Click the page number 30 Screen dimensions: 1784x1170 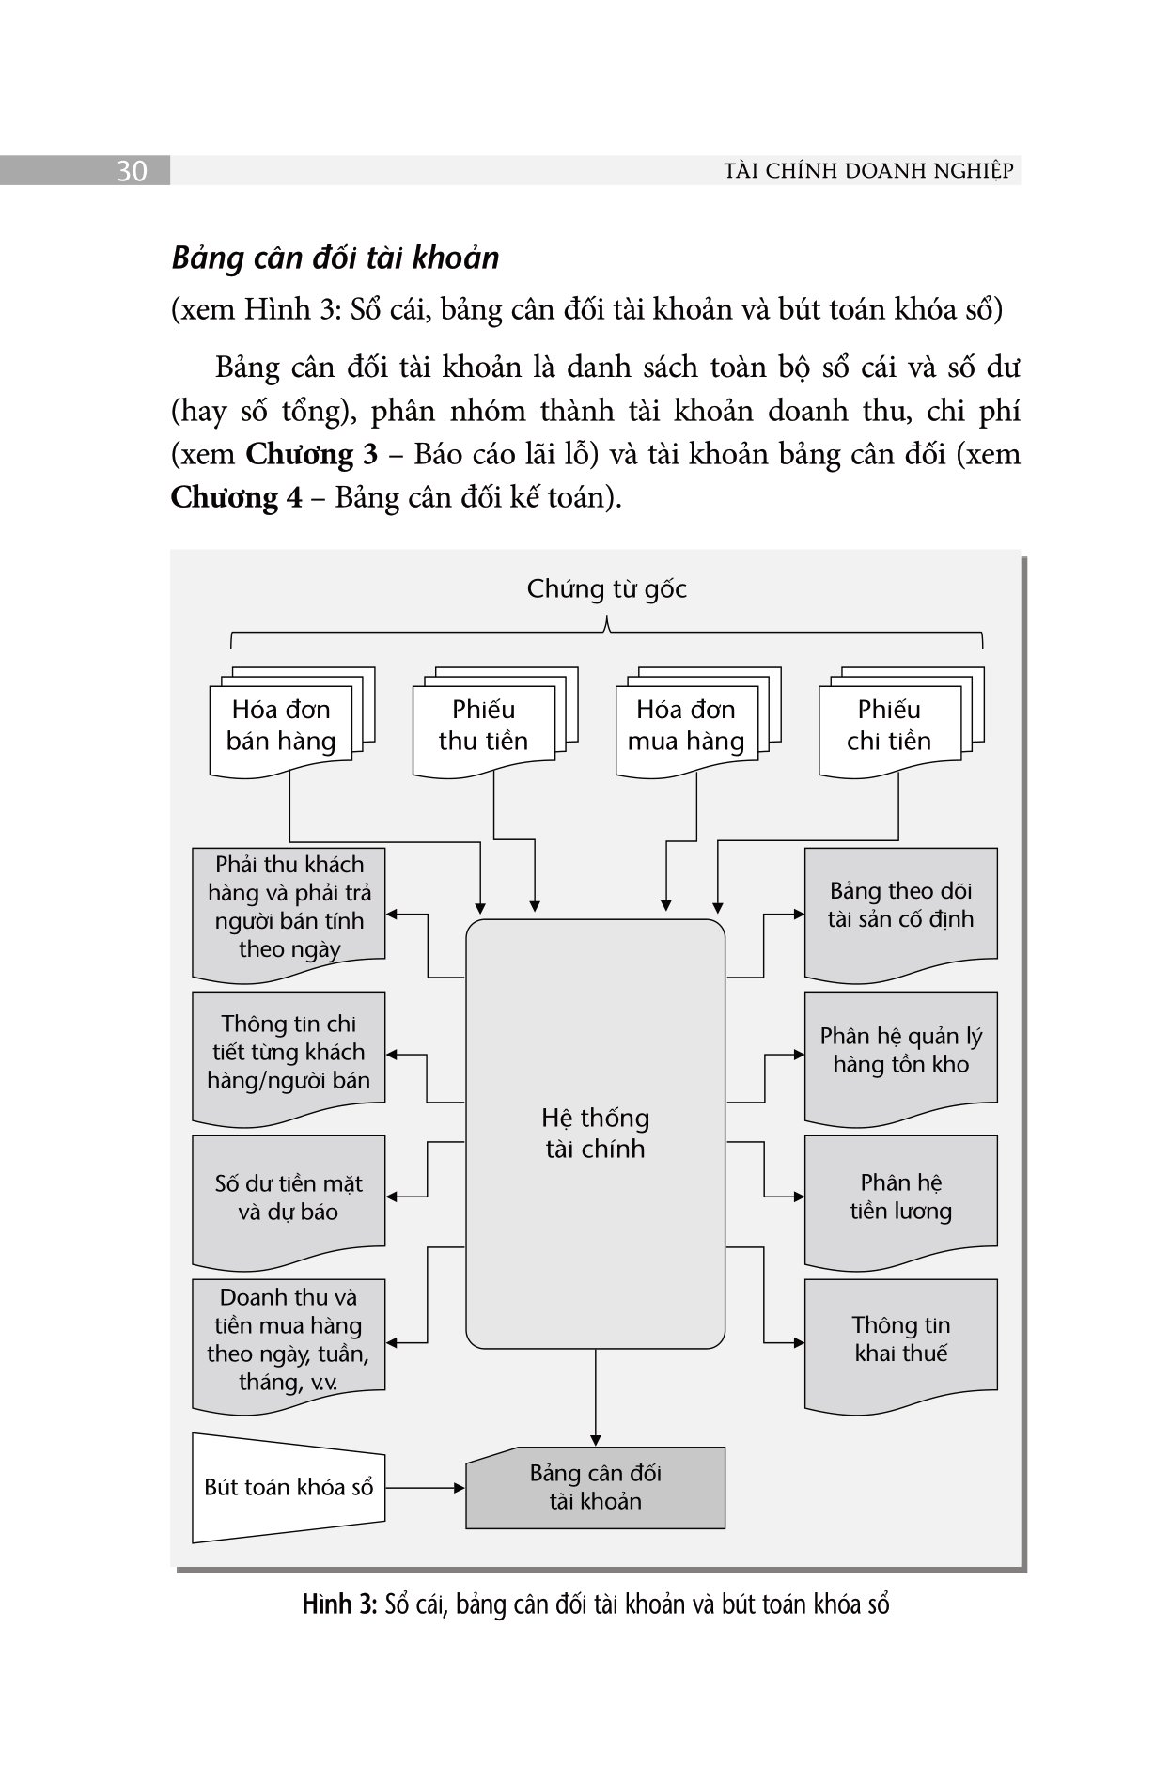click(x=132, y=172)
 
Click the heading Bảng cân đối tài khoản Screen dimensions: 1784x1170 click(x=335, y=258)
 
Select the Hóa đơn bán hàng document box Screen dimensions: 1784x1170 click(x=281, y=727)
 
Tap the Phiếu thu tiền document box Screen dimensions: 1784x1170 click(x=483, y=727)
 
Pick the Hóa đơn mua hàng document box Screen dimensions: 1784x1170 click(x=686, y=727)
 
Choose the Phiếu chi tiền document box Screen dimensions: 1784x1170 click(x=889, y=727)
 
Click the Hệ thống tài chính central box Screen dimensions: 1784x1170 click(x=595, y=1133)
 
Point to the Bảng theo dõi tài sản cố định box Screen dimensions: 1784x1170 click(x=900, y=906)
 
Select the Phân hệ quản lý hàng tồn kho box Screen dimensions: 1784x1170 click(x=900, y=1051)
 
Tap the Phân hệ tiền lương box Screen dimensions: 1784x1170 click(x=900, y=1197)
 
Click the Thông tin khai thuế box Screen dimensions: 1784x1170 click(x=900, y=1339)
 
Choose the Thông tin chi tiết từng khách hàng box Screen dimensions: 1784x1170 click(x=289, y=1054)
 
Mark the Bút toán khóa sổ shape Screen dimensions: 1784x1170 click(x=289, y=1488)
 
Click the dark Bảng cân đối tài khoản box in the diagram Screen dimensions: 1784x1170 click(x=595, y=1487)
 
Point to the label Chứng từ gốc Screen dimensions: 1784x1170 click(x=606, y=589)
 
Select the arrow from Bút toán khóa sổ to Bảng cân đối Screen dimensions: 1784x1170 click(x=425, y=1488)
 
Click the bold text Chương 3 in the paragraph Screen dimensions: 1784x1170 click(x=311, y=455)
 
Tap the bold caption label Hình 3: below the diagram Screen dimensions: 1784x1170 click(x=339, y=1604)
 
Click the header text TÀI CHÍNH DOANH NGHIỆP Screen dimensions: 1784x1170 click(x=869, y=171)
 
